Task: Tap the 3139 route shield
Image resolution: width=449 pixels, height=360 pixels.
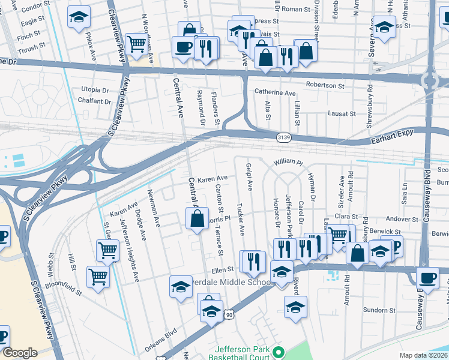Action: (284, 138)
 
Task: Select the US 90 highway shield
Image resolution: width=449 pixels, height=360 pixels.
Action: (229, 314)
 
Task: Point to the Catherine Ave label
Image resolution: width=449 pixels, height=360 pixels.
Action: (275, 93)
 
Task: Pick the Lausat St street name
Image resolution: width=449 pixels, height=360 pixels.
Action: (342, 113)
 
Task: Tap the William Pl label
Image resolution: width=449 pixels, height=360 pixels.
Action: (289, 163)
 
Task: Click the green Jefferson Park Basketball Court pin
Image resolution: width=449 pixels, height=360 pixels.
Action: (277, 352)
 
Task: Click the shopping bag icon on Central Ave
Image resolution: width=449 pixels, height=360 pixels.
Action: (197, 219)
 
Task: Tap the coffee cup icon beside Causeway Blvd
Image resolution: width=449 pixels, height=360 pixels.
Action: (428, 277)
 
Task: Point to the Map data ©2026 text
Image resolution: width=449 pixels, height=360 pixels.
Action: (423, 355)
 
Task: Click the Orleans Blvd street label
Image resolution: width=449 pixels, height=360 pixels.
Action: (161, 340)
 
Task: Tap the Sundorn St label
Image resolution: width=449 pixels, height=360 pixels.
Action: (379, 310)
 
